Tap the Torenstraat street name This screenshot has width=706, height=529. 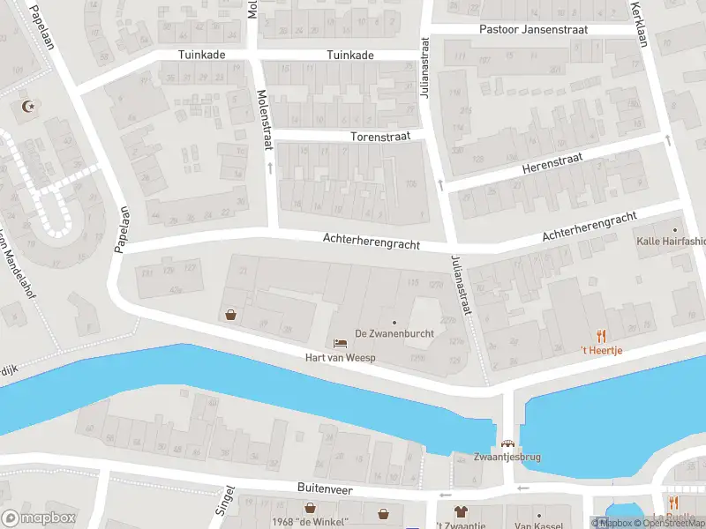(376, 138)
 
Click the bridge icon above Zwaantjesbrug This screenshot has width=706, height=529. (507, 444)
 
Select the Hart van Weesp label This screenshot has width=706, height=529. (340, 357)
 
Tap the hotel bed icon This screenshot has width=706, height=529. (340, 343)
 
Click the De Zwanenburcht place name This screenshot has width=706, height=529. (394, 333)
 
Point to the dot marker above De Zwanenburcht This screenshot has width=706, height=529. (394, 322)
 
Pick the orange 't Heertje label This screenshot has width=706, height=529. (601, 350)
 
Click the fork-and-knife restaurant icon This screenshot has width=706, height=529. (601, 335)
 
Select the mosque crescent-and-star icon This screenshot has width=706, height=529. (26, 107)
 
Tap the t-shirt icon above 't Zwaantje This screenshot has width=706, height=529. (460, 510)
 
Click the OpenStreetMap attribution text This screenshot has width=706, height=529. (664, 523)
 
